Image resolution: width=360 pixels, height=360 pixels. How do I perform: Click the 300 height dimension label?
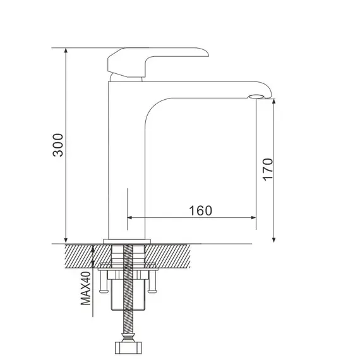(57, 145)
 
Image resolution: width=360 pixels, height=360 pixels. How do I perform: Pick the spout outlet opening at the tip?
(256, 97)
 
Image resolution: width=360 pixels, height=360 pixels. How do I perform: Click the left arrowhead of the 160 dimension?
(131, 217)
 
